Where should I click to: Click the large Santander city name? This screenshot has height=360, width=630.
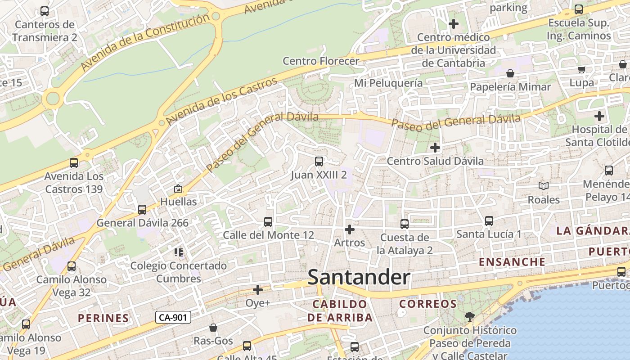(x=359, y=278)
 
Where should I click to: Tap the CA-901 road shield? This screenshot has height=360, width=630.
(x=173, y=317)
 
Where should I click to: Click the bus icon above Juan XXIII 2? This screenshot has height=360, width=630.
(x=319, y=161)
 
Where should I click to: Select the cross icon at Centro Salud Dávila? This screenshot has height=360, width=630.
(x=435, y=147)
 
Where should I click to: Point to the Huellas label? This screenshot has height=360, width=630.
(x=179, y=201)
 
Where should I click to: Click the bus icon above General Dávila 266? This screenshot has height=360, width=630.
(x=142, y=209)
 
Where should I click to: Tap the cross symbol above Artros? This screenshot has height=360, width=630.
(x=349, y=229)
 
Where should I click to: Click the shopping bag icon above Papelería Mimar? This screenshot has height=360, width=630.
(x=510, y=73)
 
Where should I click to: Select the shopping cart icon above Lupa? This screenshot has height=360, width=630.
(x=581, y=69)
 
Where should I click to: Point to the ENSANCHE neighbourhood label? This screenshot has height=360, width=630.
(x=512, y=262)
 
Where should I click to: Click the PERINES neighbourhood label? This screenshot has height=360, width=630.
(x=103, y=318)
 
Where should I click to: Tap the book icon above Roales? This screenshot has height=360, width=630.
(x=544, y=186)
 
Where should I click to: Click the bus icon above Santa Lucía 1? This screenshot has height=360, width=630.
(x=489, y=220)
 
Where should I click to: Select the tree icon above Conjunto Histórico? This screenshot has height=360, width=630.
(x=470, y=316)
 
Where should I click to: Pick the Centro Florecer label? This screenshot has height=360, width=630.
(x=321, y=61)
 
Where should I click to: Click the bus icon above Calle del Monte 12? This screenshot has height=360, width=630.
(x=268, y=221)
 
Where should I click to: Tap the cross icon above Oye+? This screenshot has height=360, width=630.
(x=258, y=289)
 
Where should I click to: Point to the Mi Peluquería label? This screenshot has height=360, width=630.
(x=388, y=83)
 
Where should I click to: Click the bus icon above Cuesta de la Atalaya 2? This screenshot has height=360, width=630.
(x=405, y=224)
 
